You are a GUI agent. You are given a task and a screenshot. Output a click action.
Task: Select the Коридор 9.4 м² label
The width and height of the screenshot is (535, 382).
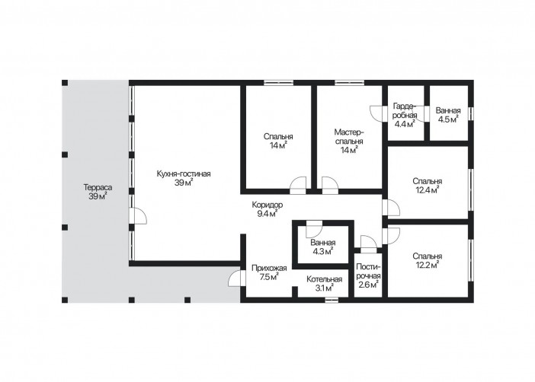coord(267,209)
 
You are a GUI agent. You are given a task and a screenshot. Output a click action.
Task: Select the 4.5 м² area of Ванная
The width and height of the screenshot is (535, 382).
coord(448,119)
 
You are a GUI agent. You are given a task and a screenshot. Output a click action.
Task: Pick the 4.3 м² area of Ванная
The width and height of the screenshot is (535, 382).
coord(323,252)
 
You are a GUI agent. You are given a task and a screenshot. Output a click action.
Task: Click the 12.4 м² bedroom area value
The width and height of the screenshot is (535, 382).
coord(428,190)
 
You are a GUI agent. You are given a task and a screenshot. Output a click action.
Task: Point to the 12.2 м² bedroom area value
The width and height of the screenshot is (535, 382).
coord(428,265)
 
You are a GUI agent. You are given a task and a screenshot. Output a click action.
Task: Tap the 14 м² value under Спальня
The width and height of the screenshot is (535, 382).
coord(278,145)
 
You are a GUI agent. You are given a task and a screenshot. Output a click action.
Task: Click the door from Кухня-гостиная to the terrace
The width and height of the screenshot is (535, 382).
coord(138,215)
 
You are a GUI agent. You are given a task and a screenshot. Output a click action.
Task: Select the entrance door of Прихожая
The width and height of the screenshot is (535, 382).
coord(236,279)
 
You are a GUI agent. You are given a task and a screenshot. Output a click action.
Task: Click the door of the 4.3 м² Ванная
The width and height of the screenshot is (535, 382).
coord(314,228)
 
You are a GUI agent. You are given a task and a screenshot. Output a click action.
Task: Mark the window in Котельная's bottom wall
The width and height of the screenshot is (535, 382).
coord(332,300)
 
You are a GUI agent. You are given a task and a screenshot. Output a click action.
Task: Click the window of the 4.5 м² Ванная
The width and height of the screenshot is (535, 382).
coord(470,113)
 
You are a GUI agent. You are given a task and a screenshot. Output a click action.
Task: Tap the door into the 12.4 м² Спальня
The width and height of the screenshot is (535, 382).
coord(391,208)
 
